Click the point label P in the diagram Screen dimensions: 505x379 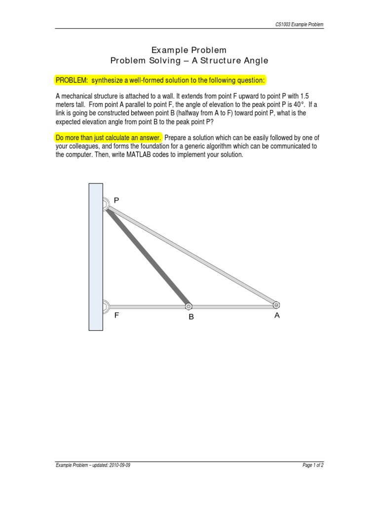point(116,200)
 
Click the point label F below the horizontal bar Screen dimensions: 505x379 point(117,315)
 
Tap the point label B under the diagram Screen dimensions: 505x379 point(191,317)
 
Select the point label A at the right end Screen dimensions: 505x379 point(277,316)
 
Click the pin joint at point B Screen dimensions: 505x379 point(189,306)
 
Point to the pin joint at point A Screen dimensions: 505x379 point(276,305)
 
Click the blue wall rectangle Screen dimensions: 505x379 point(96,256)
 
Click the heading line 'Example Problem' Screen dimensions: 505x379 point(189,50)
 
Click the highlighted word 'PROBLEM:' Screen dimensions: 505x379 point(71,80)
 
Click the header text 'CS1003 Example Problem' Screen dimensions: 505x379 point(299,24)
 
